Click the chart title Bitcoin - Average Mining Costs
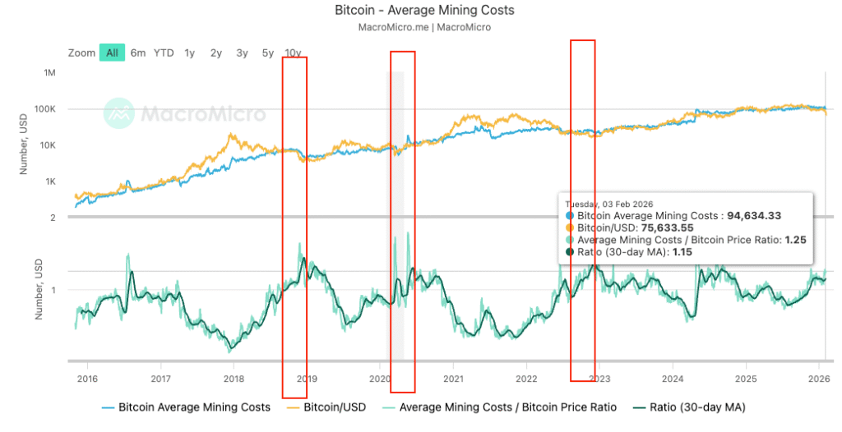(x=424, y=11)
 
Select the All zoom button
(x=112, y=53)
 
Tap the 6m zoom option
(x=137, y=53)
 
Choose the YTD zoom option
(x=164, y=53)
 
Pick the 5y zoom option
(x=268, y=53)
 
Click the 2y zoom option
(x=215, y=53)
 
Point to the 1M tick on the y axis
(x=49, y=73)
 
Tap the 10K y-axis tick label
(x=46, y=145)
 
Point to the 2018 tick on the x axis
(x=234, y=379)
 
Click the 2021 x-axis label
(x=453, y=379)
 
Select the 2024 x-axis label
(x=673, y=379)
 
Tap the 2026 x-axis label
(x=818, y=379)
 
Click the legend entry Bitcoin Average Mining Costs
(x=194, y=407)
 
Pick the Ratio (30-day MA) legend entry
(x=697, y=407)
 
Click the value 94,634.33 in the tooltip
(x=753, y=215)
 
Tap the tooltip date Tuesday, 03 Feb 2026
(x=607, y=204)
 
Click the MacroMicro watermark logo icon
(x=118, y=113)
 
